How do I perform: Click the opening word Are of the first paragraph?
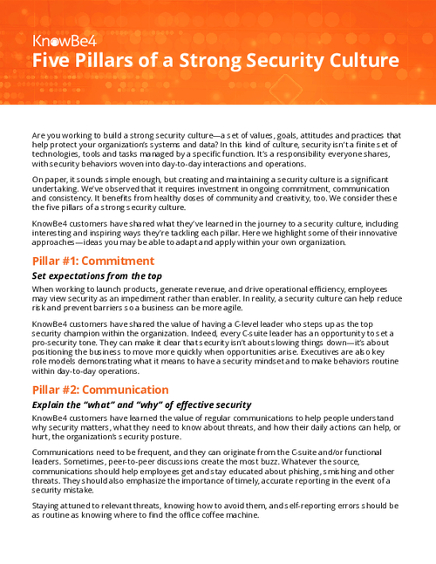pos(39,136)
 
